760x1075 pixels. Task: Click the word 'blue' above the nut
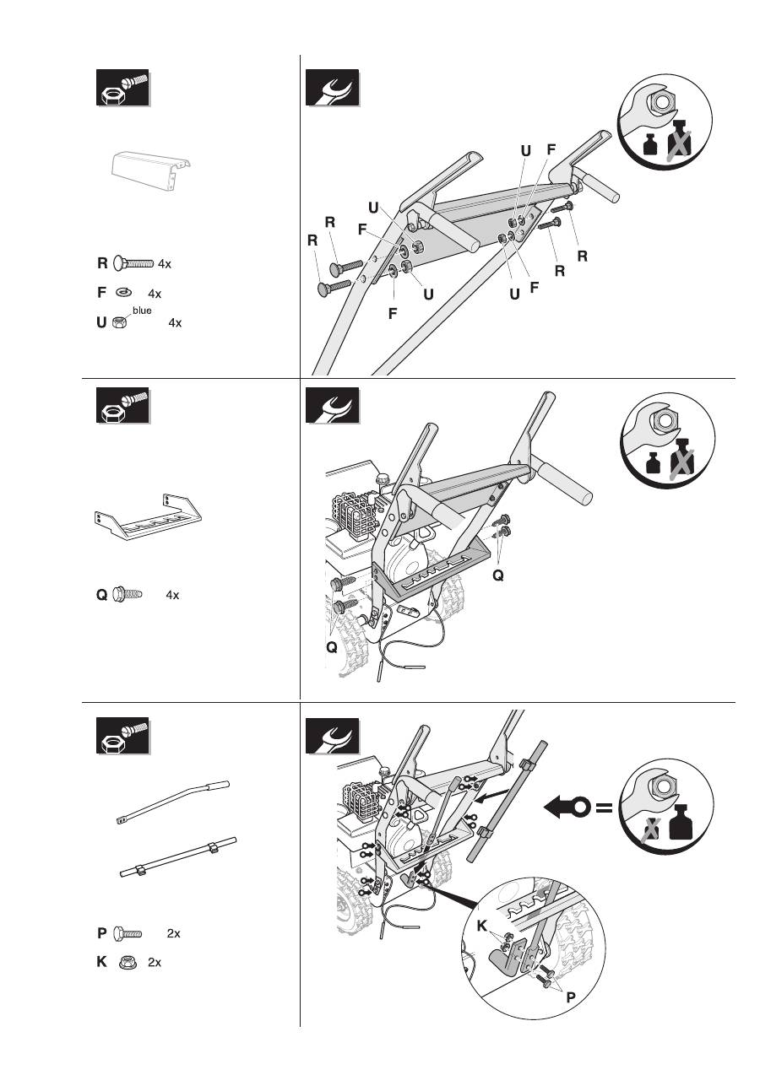tap(142, 310)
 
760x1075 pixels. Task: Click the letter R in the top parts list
tap(102, 263)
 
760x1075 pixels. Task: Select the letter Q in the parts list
tap(102, 595)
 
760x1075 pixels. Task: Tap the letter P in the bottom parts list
tap(102, 933)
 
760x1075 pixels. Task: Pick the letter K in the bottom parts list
tap(101, 961)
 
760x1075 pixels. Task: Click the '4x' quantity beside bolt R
tap(165, 264)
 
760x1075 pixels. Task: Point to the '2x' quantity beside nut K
tap(155, 962)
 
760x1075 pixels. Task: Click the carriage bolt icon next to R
tap(133, 263)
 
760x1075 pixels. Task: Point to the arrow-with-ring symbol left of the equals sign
tap(566, 808)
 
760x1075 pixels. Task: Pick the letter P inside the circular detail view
tap(571, 996)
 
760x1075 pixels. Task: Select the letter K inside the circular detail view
tap(482, 926)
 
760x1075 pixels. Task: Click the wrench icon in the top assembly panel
tap(332, 88)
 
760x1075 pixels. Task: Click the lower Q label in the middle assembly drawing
tap(332, 647)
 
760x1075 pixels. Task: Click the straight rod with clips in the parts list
tap(176, 858)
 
